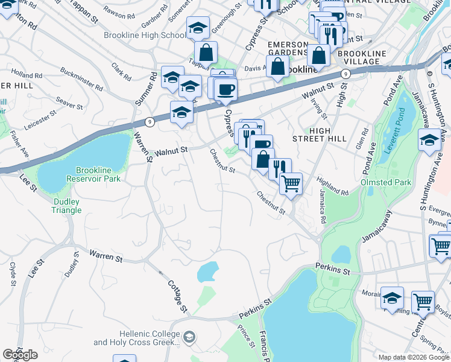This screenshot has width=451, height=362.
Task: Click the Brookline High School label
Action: (145, 36)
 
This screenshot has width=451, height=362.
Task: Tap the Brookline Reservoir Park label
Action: (98, 175)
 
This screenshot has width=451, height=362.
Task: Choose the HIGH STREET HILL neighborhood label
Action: (327, 135)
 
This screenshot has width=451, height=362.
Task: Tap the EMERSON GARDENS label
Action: (288, 49)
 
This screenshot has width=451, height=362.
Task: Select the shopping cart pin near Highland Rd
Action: (291, 184)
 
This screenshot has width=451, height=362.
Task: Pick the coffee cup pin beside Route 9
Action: (226, 90)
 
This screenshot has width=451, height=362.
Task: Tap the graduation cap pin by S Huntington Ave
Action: (429, 142)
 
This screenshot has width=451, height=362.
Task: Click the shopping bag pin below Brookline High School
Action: (206, 52)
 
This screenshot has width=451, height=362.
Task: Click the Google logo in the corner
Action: (20, 355)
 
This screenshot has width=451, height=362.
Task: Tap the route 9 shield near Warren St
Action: (150, 122)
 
